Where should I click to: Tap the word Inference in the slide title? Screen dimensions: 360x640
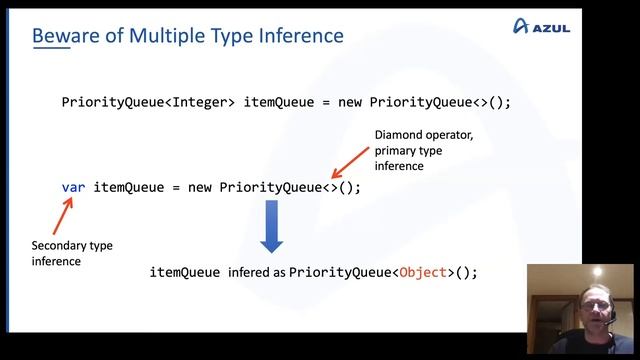click(300, 36)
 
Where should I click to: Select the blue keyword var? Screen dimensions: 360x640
click(73, 187)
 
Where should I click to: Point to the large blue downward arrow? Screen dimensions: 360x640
click(272, 227)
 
